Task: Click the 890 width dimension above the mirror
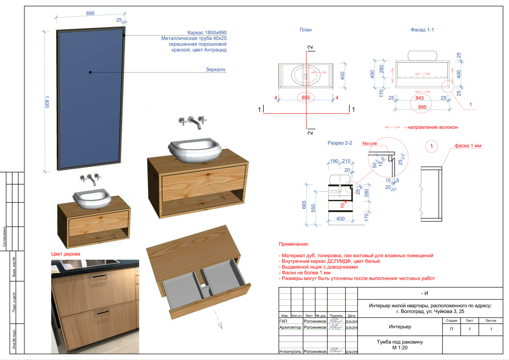pos(90,13)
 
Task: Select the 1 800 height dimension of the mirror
pos(47,102)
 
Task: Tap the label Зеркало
pos(215,69)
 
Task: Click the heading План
pos(306,30)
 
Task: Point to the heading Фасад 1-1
pos(422,30)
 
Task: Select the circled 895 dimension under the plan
pos(306,98)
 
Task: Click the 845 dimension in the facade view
pos(420,98)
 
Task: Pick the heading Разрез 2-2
pos(340,143)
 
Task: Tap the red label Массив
pos(369,143)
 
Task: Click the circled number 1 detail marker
pos(432,146)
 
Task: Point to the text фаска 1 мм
pos(468,146)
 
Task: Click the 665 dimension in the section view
pos(304,204)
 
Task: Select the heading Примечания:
pos(294,244)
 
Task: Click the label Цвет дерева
pos(66,254)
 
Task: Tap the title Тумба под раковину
pos(400,342)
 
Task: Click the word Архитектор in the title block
pos(290,327)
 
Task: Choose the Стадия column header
pos(451,321)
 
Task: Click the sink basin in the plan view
pos(306,75)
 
